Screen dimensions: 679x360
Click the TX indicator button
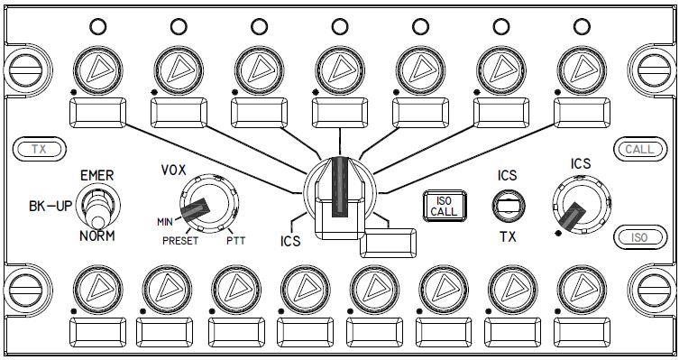[39, 150]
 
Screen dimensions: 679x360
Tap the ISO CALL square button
[445, 206]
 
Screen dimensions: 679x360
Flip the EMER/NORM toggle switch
[97, 207]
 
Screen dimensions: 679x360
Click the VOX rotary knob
[208, 203]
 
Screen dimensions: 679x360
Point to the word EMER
[97, 175]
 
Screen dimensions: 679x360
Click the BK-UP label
[50, 207]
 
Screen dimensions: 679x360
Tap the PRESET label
[180, 241]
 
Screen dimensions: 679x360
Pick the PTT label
[235, 241]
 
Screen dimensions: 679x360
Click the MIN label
[165, 222]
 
